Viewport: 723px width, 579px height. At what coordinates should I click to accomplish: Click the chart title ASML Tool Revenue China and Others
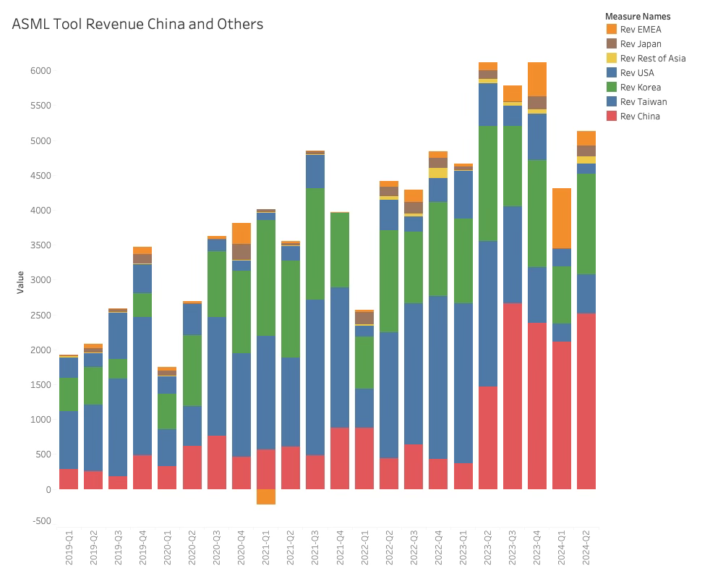point(137,24)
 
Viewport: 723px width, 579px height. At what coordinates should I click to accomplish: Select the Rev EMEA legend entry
point(640,30)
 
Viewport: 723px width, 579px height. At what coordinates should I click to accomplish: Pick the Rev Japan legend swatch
point(612,44)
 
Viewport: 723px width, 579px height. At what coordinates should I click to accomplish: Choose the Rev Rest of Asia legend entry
point(652,59)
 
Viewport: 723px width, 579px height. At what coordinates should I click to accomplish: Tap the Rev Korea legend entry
point(640,88)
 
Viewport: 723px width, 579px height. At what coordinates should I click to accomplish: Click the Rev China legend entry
point(639,117)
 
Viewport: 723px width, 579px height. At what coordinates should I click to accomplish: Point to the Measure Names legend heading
point(638,16)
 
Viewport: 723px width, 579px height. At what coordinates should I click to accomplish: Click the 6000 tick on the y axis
point(40,71)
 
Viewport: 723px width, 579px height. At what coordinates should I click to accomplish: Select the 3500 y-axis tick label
point(40,245)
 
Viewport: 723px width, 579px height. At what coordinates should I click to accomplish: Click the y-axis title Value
point(21,282)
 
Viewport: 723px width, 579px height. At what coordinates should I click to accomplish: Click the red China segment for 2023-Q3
point(513,396)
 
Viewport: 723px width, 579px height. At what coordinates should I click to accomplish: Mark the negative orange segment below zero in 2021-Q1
point(266,496)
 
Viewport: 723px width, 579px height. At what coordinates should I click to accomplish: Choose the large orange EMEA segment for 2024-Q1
point(562,218)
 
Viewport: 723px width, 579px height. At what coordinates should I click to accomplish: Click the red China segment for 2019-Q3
point(118,483)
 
